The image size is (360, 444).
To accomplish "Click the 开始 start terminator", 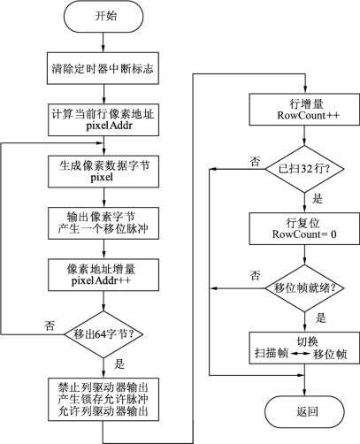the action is click(103, 16).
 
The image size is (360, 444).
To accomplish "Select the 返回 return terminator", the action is click(304, 411).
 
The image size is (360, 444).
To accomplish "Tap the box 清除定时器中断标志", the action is click(103, 68).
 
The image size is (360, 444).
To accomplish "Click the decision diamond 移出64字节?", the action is click(103, 334).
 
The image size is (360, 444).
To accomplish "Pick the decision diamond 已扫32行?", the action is click(304, 169).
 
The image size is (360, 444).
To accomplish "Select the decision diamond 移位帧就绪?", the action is click(304, 288).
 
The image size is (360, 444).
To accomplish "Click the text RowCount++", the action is click(309, 115).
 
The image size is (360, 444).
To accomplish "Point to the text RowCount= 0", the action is click(304, 234).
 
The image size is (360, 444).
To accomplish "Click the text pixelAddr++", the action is click(101, 280).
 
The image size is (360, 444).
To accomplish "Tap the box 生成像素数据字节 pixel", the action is click(103, 172).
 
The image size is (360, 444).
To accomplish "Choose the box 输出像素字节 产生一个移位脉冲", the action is click(103, 223).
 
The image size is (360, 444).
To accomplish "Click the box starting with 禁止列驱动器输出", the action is click(103, 399).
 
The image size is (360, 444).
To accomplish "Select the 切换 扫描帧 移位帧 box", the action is click(304, 348).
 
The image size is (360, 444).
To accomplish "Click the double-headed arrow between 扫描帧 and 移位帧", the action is click(301, 354).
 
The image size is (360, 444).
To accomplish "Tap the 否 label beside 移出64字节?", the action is click(50, 325).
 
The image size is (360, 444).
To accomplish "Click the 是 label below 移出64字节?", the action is click(119, 364).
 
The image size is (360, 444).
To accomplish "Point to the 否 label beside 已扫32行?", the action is click(256, 161).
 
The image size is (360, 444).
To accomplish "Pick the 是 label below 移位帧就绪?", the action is click(320, 318).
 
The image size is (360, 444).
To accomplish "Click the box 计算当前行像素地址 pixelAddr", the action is click(103, 119).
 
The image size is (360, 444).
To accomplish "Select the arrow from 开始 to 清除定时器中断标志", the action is click(103, 42).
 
